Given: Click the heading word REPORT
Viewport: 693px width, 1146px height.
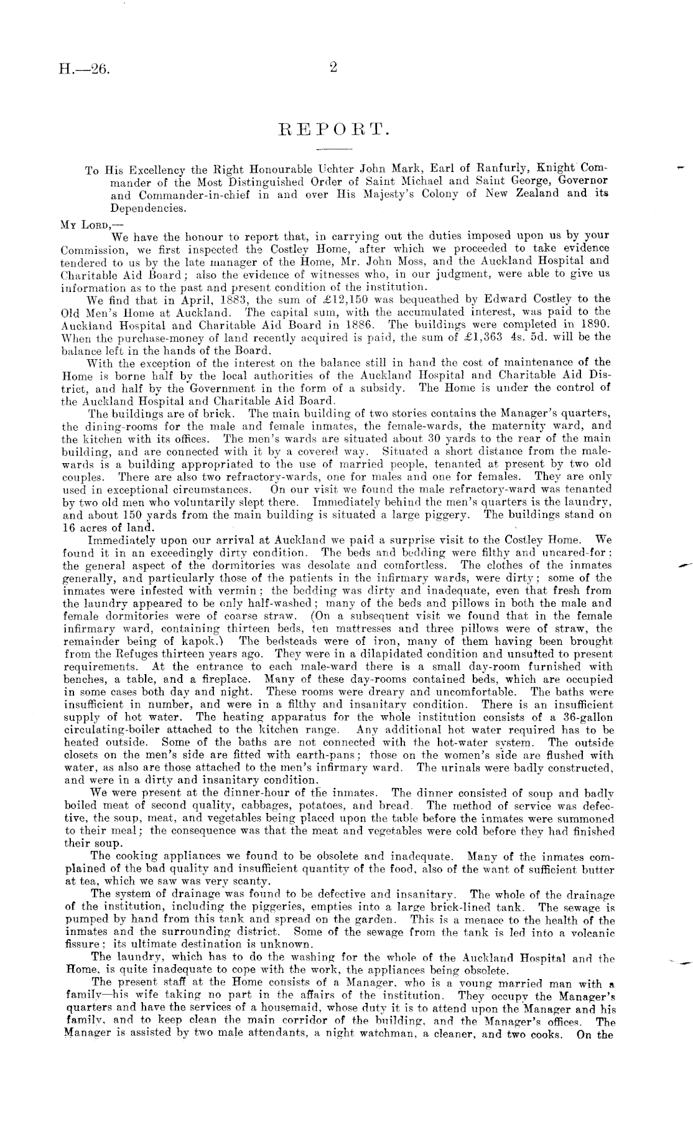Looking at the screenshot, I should click(335, 130).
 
